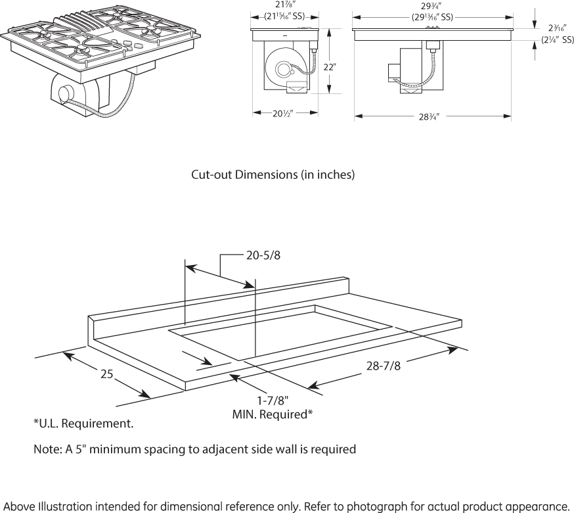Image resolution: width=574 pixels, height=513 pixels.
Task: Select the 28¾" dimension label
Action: point(428,116)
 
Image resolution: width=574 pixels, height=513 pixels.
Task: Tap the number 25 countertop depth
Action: point(107,374)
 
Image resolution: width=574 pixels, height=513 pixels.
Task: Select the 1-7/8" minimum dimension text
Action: point(272,400)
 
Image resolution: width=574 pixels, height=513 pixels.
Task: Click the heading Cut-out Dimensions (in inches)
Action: point(273,175)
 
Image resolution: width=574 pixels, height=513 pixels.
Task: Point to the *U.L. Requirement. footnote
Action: point(83,424)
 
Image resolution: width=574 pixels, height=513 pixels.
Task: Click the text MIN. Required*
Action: point(272,414)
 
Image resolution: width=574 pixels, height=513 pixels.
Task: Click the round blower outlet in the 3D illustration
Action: point(65,93)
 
